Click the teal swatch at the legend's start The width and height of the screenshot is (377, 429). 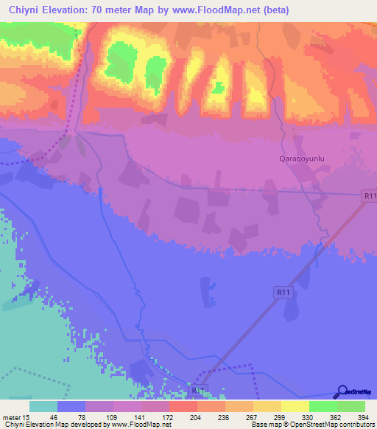point(43,406)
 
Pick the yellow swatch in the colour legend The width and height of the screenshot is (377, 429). point(295,406)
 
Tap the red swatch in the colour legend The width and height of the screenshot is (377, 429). point(183,406)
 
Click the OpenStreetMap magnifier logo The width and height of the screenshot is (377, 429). point(342,392)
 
